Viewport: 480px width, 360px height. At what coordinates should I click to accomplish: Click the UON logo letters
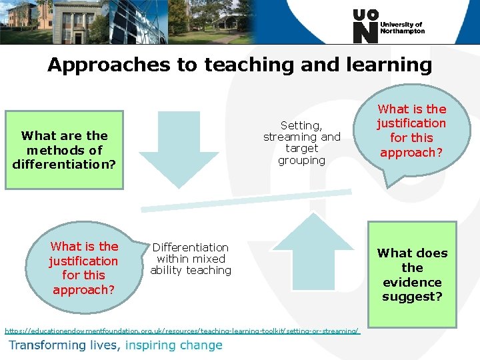pos(365,27)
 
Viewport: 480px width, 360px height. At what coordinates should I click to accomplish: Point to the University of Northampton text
pos(402,27)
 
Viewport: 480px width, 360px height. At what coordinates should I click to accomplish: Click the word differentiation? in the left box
pos(64,164)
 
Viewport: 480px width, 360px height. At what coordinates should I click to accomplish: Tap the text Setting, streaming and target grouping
pos(301,143)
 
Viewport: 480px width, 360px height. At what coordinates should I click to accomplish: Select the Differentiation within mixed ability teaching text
pos(191,259)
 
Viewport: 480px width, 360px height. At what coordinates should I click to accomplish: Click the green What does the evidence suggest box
pos(412,274)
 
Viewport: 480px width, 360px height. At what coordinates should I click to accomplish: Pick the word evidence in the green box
pos(412,282)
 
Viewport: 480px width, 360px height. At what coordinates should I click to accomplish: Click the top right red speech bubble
pos(411,131)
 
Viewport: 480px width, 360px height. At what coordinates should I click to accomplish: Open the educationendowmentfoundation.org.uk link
pos(182,331)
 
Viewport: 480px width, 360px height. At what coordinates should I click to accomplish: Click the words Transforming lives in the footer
pos(65,345)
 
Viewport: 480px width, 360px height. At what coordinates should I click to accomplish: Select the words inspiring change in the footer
pos(173,345)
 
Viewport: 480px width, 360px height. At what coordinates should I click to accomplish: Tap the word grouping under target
pos(301,161)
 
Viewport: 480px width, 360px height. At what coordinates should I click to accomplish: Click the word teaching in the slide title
pos(250,65)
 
